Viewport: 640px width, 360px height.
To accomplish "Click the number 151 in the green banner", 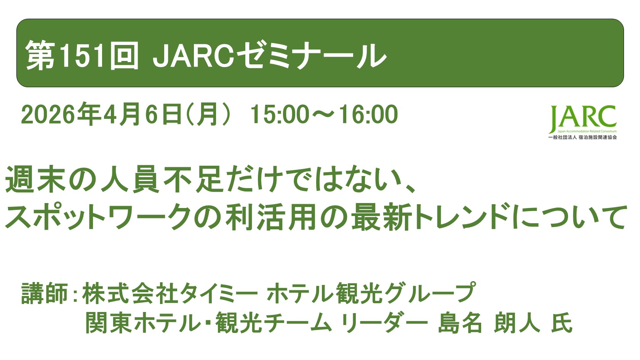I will (x=82, y=56).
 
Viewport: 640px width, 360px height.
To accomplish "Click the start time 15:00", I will (x=280, y=115).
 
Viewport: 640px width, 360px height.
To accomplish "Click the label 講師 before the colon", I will (x=44, y=293).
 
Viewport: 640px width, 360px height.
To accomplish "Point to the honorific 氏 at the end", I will (x=562, y=323).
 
